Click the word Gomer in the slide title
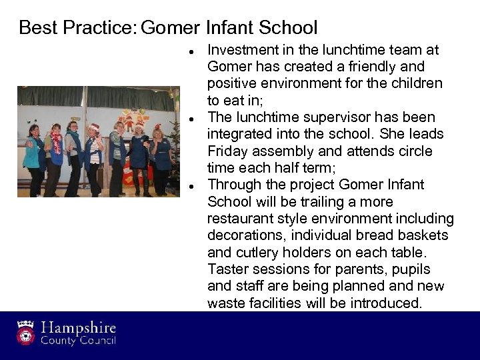pos(171,28)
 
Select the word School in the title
pos(287,28)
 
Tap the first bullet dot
pos(191,51)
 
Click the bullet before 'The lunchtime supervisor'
pos(191,119)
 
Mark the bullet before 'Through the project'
pos(191,186)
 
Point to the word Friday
pos(227,151)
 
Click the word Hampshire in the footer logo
pos(79,328)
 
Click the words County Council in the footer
pos(79,341)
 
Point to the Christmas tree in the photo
pos(174,143)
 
